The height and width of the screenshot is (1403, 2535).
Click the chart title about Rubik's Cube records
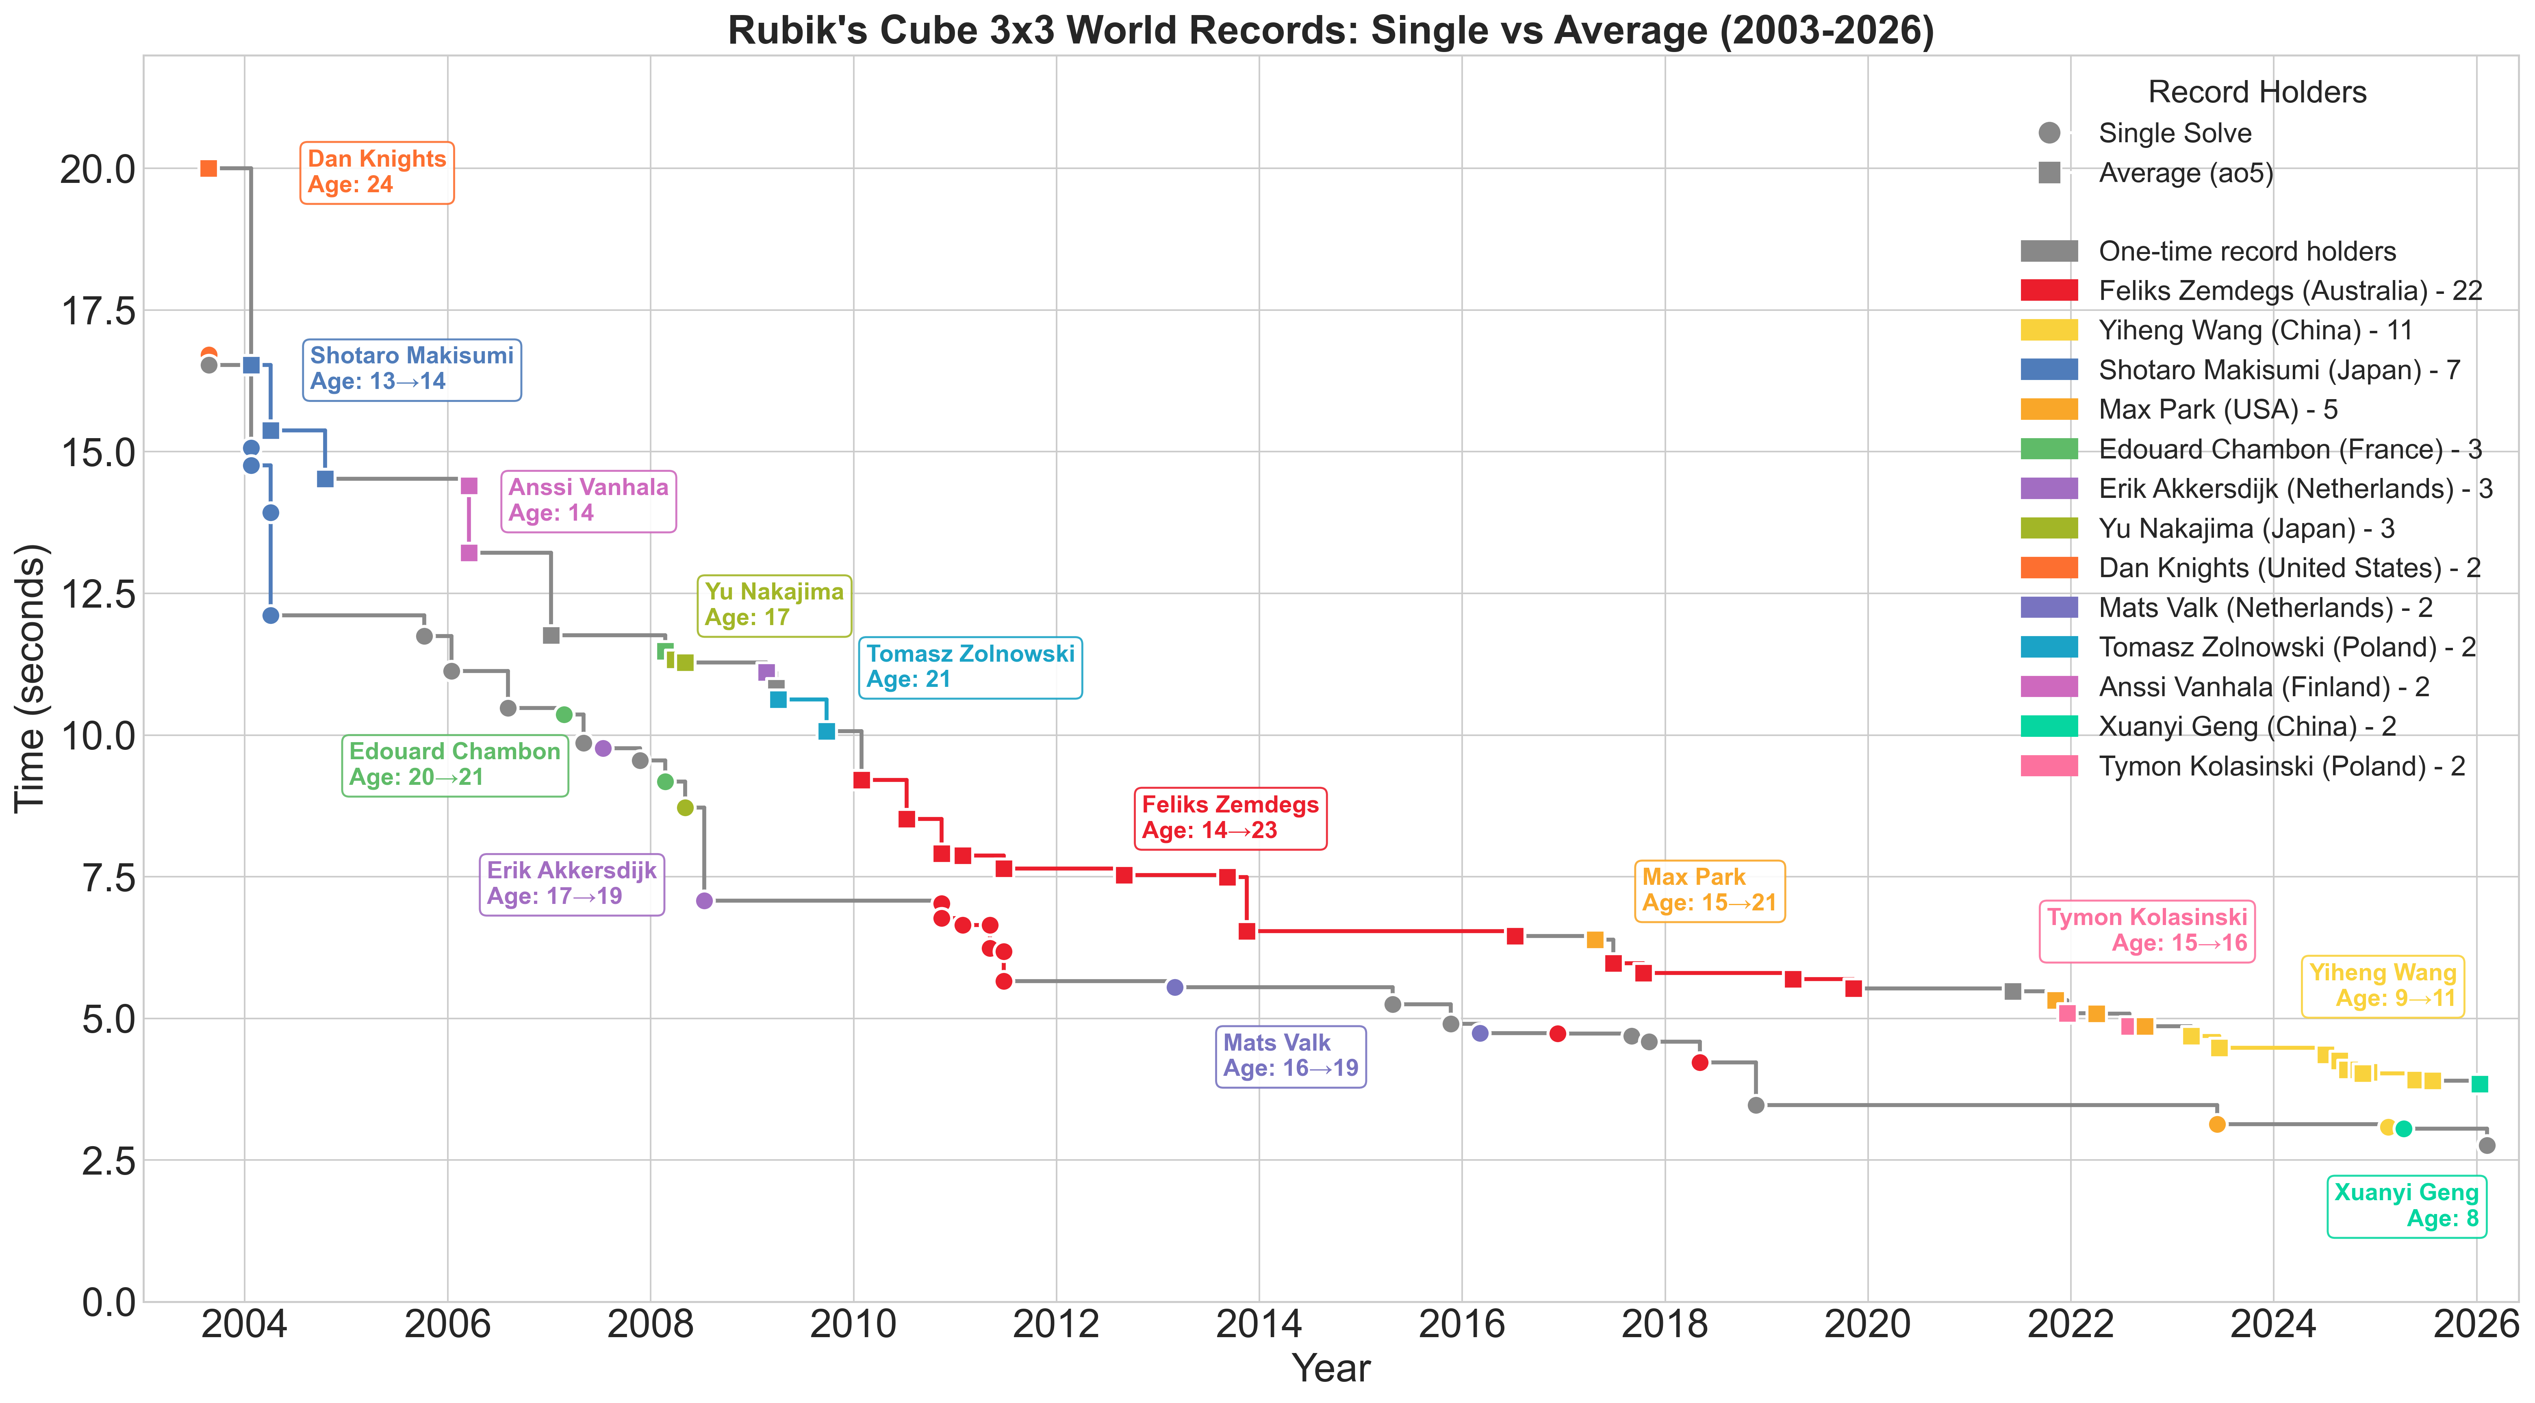[1330, 30]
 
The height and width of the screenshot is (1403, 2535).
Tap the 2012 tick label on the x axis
[1056, 1324]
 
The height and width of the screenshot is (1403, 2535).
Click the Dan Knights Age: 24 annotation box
[377, 172]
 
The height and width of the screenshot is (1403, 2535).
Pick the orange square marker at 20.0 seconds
[208, 169]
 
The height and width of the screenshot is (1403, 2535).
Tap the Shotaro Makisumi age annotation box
[412, 369]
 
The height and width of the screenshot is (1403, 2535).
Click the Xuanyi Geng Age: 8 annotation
[2406, 1205]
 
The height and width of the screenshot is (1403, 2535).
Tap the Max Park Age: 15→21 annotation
[1709, 890]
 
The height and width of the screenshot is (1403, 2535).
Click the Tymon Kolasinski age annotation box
[2147, 931]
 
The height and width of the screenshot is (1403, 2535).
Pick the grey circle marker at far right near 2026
[2487, 1145]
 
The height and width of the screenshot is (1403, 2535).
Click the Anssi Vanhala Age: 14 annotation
[588, 501]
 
